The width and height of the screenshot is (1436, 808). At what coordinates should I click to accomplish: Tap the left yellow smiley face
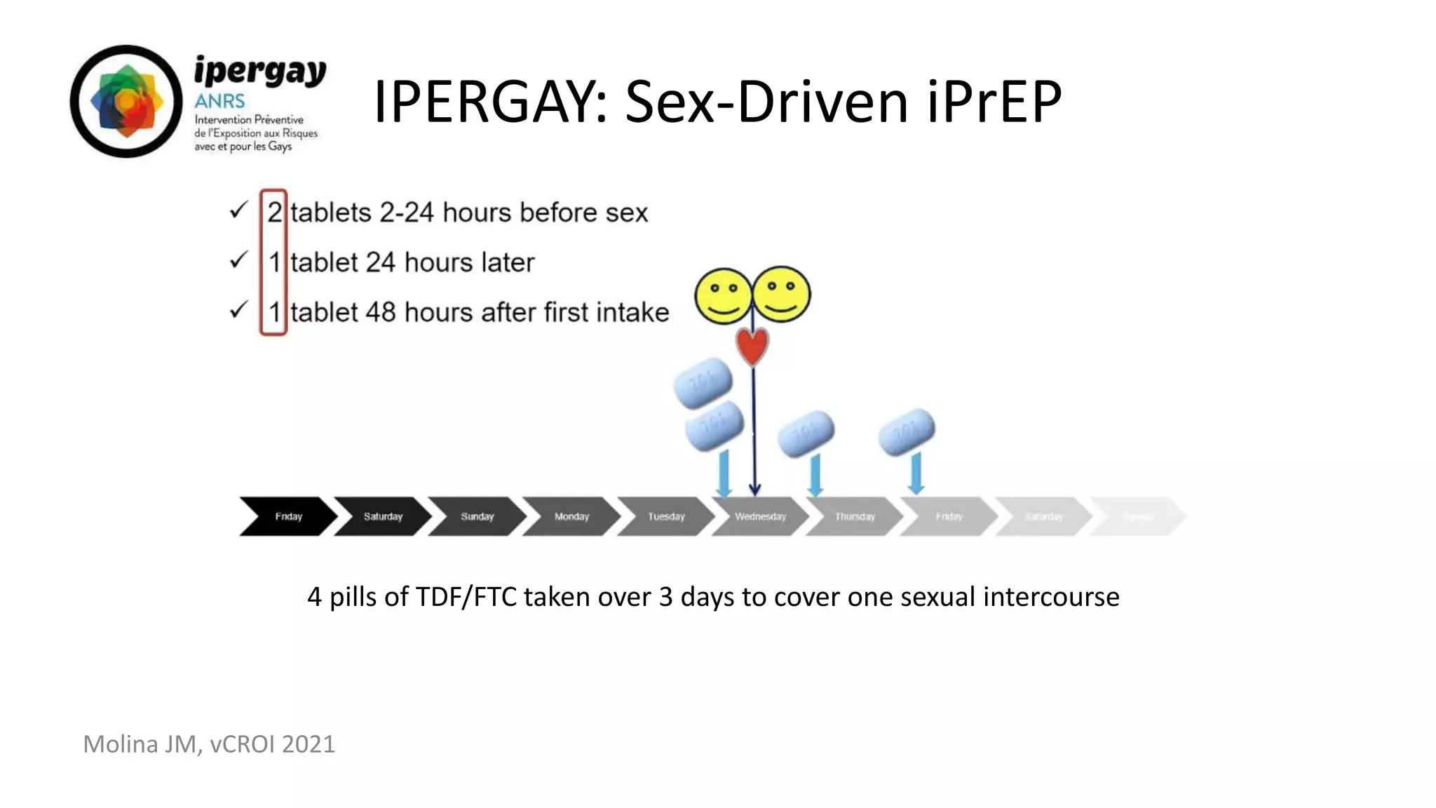[723, 296]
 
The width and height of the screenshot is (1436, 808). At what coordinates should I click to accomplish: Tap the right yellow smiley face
[781, 295]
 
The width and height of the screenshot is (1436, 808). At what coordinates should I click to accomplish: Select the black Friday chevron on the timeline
[287, 517]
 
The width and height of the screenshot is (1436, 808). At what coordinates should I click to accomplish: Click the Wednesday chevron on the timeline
[760, 517]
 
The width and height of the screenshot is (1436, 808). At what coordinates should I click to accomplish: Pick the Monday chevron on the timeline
[571, 517]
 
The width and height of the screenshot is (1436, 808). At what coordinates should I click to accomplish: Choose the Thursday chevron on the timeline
[855, 517]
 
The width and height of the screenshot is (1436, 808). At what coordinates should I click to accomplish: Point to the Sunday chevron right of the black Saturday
[477, 517]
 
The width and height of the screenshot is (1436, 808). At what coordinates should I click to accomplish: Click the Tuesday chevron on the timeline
[665, 517]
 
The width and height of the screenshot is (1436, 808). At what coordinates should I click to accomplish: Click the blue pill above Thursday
[806, 434]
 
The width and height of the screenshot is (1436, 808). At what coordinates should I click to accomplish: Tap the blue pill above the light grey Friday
[907, 431]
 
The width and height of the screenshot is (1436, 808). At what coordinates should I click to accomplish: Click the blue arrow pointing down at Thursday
[815, 476]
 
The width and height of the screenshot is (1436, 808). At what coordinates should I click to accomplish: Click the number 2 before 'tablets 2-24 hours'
[274, 213]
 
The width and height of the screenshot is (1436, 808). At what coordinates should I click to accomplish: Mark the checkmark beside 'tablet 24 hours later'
[238, 261]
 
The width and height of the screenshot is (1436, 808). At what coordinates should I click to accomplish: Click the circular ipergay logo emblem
[126, 102]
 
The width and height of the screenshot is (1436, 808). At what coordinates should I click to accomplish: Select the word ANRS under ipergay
[219, 102]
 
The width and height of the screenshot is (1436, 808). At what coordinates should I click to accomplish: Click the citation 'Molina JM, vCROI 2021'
[209, 744]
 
